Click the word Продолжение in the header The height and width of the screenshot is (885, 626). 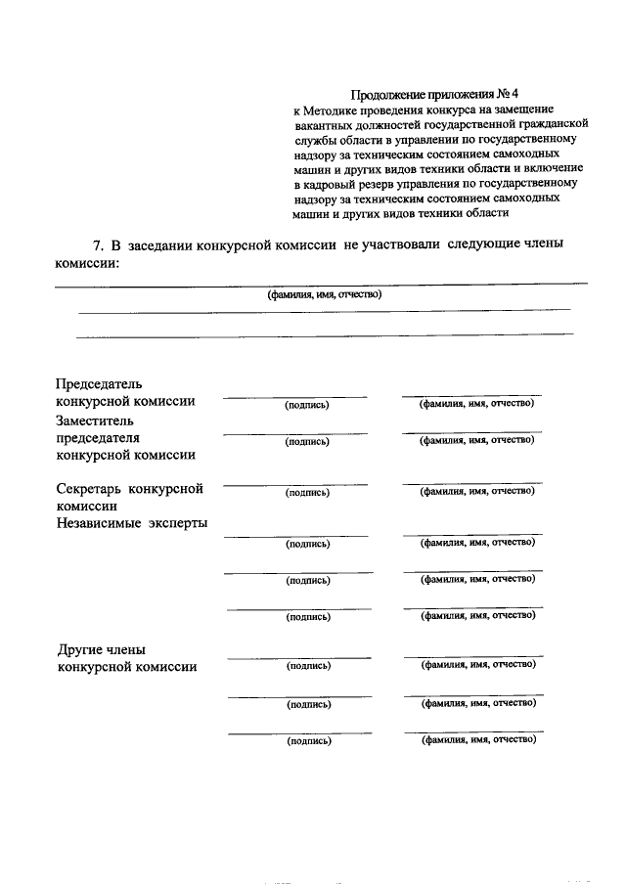[388, 96]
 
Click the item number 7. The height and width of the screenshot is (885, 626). [96, 244]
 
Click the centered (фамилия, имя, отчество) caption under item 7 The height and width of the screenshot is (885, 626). [324, 294]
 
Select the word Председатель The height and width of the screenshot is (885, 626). [100, 383]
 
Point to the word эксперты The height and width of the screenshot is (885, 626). [178, 523]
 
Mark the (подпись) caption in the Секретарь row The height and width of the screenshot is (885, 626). [307, 493]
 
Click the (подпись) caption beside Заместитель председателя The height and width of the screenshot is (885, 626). [307, 441]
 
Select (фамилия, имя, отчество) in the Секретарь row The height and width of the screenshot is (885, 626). [477, 492]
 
